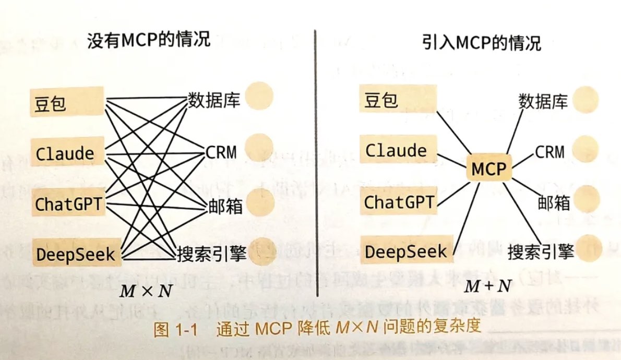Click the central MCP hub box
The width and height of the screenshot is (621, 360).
point(489,168)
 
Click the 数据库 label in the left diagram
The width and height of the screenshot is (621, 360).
point(213,100)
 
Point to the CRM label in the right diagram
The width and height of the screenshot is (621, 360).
point(549,152)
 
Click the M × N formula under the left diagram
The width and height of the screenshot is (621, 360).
point(146,291)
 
